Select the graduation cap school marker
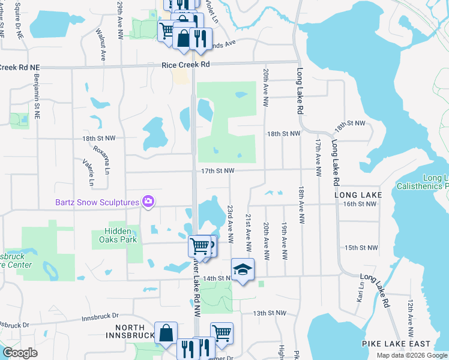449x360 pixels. [x=243, y=270]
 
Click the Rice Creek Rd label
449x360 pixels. [x=185, y=64]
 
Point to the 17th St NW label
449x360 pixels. [x=217, y=171]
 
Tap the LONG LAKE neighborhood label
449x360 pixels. [x=358, y=195]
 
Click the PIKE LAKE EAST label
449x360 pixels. [x=396, y=343]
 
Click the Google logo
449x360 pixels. [x=19, y=353]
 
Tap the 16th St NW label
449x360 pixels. [x=360, y=204]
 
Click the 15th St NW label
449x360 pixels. [x=361, y=247]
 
